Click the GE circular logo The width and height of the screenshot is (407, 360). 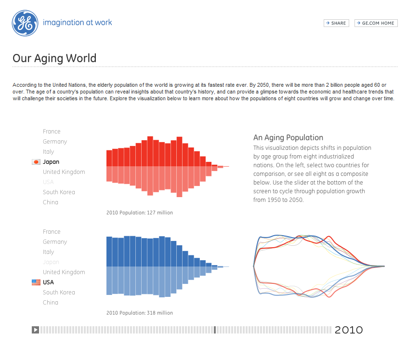pyautogui.click(x=25, y=23)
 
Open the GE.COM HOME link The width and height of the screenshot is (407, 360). pyautogui.click(x=376, y=23)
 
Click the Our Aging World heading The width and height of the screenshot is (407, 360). pyautogui.click(x=54, y=58)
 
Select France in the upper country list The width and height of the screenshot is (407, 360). pyautogui.click(x=52, y=132)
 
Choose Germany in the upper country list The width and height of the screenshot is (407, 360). pyautogui.click(x=55, y=142)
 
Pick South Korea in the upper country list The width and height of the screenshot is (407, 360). pyautogui.click(x=59, y=192)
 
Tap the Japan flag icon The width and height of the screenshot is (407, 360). pyautogui.click(x=36, y=162)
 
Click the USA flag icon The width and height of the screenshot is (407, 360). pyautogui.click(x=36, y=282)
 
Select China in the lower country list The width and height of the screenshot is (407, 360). pyautogui.click(x=51, y=303)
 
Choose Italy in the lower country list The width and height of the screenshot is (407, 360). pyautogui.click(x=49, y=252)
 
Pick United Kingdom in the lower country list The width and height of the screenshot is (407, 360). pyautogui.click(x=64, y=272)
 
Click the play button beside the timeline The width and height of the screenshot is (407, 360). pyautogui.click(x=35, y=330)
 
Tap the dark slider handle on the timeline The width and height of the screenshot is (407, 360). pyautogui.click(x=215, y=330)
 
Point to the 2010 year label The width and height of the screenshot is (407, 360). pyautogui.click(x=349, y=330)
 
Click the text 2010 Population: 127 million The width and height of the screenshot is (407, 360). pyautogui.click(x=140, y=213)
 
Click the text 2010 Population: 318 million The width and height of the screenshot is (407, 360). pyautogui.click(x=140, y=313)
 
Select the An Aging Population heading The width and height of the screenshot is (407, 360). pyautogui.click(x=288, y=138)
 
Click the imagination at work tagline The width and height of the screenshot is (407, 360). pyautogui.click(x=78, y=23)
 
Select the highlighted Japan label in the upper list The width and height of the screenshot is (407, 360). pyautogui.click(x=51, y=162)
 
